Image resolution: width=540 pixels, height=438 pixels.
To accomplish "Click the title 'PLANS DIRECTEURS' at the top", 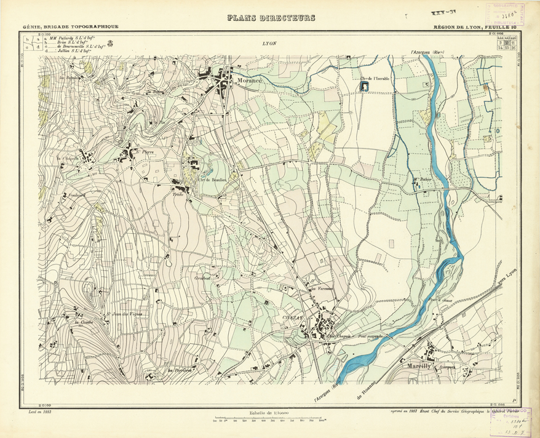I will coord(271,18).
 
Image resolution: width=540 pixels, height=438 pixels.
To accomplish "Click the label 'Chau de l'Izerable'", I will coord(375,78).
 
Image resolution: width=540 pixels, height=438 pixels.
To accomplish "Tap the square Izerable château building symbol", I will coord(364,87).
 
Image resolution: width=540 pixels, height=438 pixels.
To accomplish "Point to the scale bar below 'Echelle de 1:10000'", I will coord(269,421).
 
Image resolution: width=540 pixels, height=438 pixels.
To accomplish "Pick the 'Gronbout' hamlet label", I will coord(202,277).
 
